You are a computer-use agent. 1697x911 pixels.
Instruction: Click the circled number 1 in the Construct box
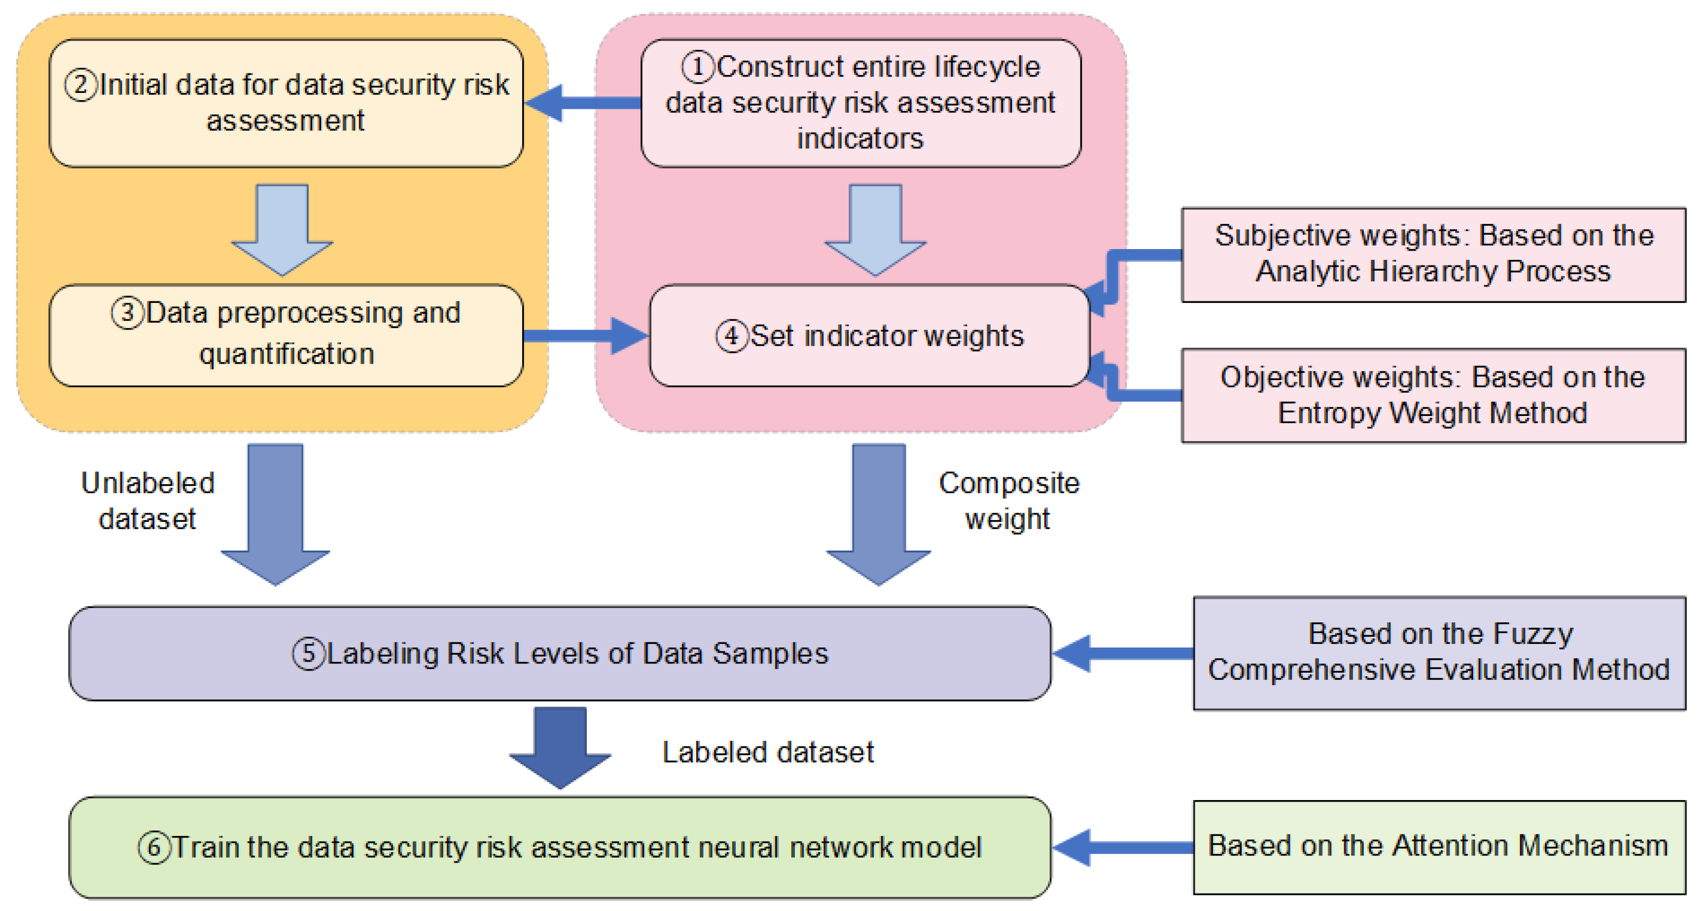coord(698,67)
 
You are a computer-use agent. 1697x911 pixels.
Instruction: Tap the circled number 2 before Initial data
coord(81,86)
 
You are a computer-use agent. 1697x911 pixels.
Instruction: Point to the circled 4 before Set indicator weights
coord(732,336)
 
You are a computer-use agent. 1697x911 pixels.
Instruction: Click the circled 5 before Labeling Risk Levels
coord(308,654)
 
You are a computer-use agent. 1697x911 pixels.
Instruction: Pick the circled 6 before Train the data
coord(154,848)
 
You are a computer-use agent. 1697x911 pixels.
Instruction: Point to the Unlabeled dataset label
coord(147,501)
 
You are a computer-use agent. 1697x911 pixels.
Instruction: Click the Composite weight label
coord(1008,501)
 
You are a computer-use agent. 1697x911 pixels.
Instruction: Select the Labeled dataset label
coord(768,753)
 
